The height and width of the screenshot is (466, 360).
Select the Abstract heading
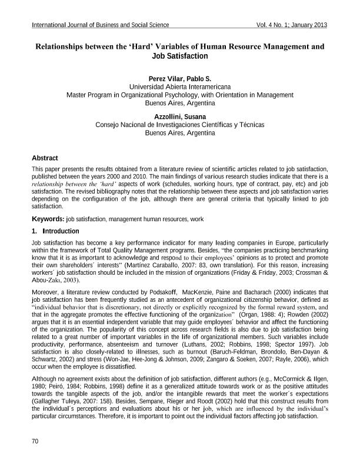(x=45, y=158)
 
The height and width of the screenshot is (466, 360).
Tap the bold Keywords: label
(x=48, y=219)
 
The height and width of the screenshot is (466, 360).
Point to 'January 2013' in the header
(x=308, y=25)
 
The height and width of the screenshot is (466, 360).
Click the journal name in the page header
(x=101, y=25)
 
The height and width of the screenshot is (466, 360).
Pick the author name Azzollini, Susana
(x=179, y=116)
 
